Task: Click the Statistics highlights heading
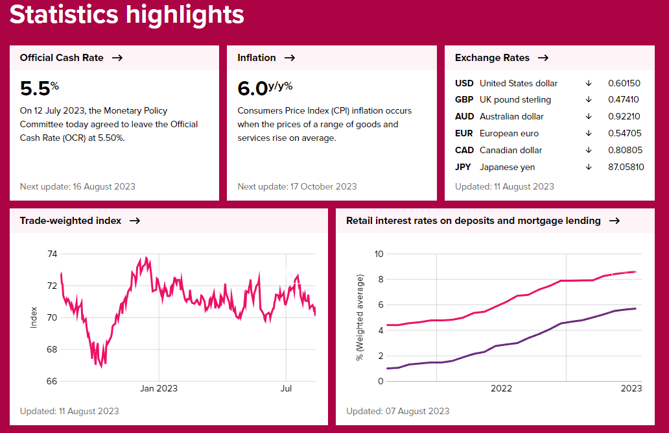coord(126,14)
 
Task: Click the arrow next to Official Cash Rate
coord(117,58)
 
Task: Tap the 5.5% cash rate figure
coord(40,88)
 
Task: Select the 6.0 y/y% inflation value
coord(265,88)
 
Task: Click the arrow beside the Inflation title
coord(290,58)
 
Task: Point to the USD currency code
coord(464,83)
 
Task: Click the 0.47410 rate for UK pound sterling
coord(624,100)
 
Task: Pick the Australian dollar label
coord(511,117)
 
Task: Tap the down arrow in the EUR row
coord(589,134)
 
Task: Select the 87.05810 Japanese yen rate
coord(626,167)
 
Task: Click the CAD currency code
coord(464,151)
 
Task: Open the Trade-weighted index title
coord(71,221)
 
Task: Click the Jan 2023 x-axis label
coord(159,389)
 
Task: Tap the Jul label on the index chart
coord(286,389)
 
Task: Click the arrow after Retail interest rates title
coord(615,221)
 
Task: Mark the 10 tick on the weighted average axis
coord(379,254)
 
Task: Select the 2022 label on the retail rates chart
coord(501,389)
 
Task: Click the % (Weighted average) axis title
coord(360,317)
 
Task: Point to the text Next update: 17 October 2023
coord(297,186)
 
